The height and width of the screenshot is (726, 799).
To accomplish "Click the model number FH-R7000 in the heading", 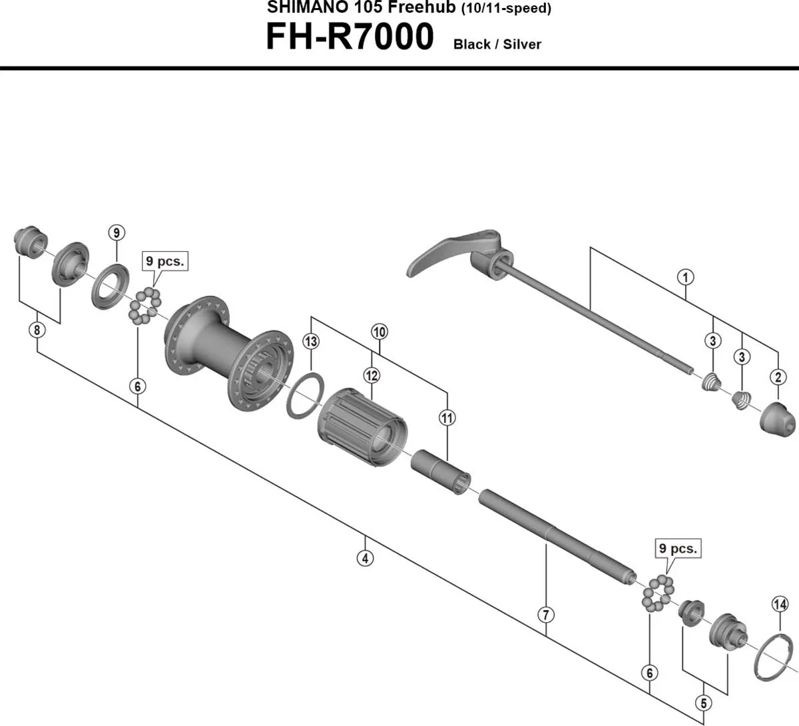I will coord(350,37).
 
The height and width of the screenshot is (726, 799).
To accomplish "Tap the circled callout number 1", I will coord(685,276).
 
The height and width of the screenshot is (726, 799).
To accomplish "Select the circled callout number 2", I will coord(778,378).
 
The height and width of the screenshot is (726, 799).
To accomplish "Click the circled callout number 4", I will coord(364,558).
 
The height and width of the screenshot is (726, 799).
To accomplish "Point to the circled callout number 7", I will coord(546,614).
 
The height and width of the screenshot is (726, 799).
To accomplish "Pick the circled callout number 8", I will coord(37,330).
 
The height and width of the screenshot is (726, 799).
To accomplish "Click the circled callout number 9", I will coord(117,232).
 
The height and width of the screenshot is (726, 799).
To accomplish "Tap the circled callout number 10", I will coord(380,332).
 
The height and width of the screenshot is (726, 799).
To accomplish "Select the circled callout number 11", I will coord(447,418).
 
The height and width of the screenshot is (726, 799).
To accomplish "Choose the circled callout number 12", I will coord(372,376).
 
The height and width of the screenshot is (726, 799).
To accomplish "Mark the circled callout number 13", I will coord(311,342).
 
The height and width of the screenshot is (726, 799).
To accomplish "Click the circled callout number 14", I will coord(780,604).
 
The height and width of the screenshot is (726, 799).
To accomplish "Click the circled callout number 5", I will coord(704,702).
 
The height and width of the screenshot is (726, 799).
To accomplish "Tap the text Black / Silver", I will coord(497,45).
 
